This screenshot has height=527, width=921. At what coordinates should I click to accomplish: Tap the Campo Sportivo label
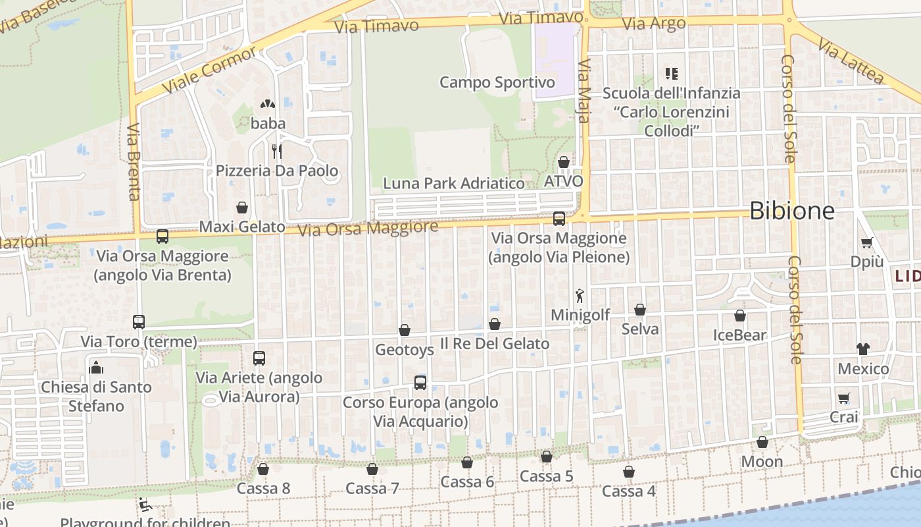[497, 82]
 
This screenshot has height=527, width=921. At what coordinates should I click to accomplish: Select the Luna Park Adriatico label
[454, 183]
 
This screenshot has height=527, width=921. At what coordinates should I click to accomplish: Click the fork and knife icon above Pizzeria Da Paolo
[277, 152]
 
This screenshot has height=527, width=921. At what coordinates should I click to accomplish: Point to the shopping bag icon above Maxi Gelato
[242, 208]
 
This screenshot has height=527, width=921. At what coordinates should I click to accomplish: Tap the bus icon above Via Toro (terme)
[139, 322]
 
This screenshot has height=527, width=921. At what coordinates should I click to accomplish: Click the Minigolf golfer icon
[580, 295]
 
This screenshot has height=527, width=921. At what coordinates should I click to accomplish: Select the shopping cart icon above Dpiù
[867, 242]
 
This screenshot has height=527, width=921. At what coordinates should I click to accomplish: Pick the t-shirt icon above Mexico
[862, 349]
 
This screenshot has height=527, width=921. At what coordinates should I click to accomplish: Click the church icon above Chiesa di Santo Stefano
[96, 367]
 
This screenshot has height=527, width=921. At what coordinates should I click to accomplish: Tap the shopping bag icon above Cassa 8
[263, 469]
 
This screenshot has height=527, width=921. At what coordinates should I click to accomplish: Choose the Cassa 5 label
[546, 476]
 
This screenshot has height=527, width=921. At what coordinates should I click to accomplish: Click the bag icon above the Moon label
[762, 442]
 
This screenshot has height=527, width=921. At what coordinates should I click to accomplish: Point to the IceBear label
[740, 335]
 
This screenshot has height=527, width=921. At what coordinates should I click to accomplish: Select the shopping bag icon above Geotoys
[405, 330]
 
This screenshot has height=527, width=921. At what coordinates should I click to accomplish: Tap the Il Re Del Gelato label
[494, 343]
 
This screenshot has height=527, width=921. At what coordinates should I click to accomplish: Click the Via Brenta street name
[134, 161]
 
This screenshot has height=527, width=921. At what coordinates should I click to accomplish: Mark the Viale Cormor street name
[209, 70]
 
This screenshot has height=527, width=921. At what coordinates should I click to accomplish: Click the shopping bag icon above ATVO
[564, 162]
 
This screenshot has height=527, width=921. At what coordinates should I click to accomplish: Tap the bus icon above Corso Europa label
[420, 382]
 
